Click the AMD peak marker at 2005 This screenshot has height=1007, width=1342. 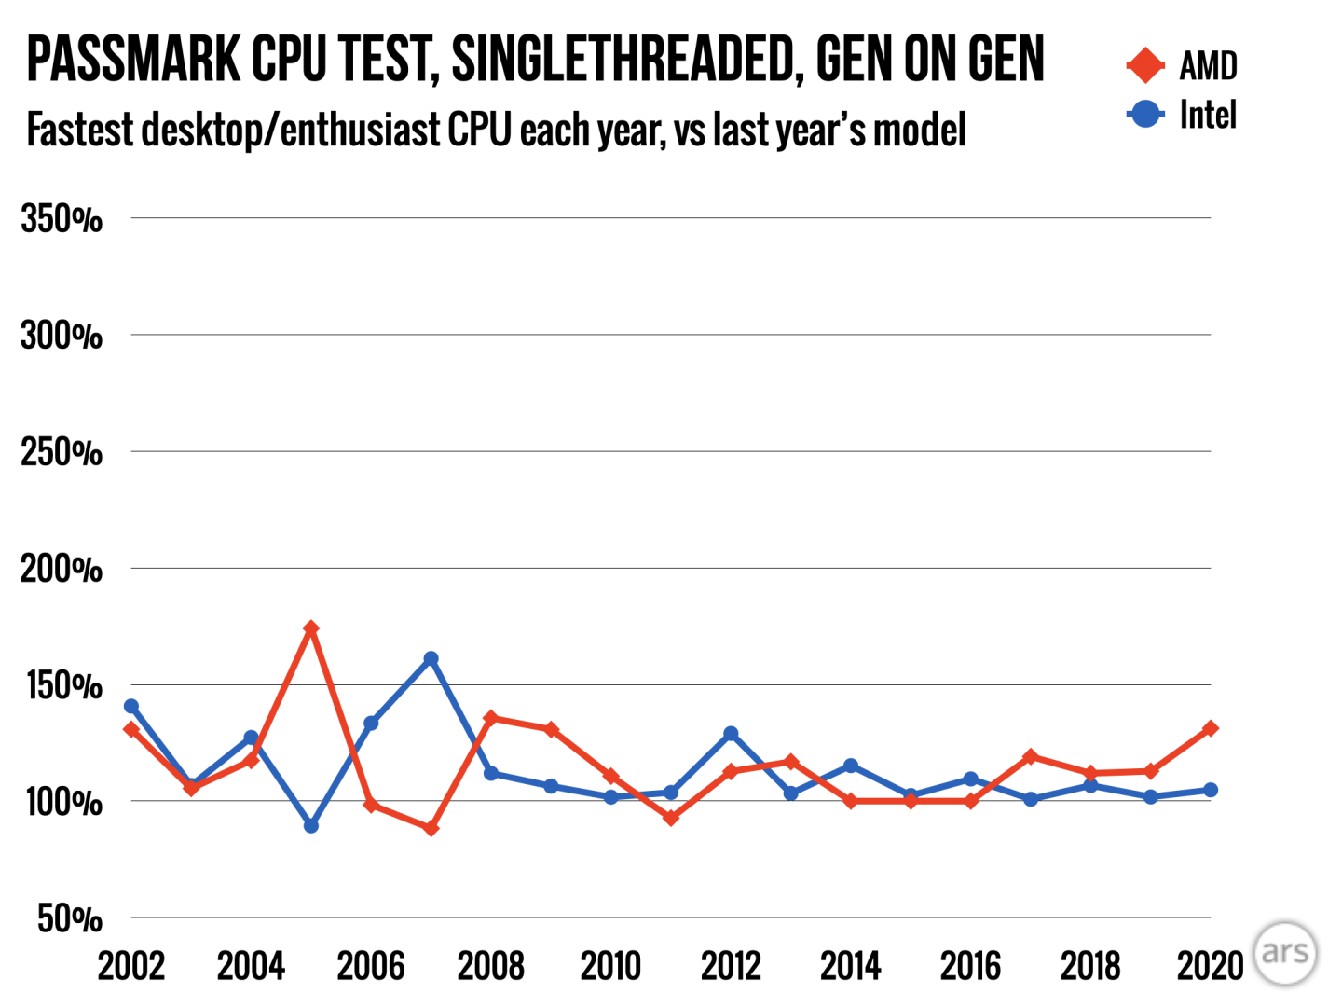311,629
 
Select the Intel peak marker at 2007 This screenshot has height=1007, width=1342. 431,659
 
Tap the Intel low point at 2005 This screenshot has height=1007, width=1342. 311,826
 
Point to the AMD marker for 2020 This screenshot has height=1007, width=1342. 1210,728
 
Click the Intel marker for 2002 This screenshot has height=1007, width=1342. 131,707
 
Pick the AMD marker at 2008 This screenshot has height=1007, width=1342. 491,718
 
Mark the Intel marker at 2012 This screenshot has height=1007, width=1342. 731,734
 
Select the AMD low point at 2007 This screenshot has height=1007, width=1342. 431,828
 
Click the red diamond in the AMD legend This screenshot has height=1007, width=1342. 1145,65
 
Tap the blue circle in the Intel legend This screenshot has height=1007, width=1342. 1145,115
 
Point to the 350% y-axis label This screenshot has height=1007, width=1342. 62,220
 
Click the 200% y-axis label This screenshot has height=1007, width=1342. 62,569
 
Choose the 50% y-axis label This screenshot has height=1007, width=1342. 70,919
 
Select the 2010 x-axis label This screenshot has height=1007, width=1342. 610,966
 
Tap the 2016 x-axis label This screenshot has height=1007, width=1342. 970,966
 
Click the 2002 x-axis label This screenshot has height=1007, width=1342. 131,966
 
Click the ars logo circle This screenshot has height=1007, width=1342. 1285,953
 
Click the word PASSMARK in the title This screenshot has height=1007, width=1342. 133,60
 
